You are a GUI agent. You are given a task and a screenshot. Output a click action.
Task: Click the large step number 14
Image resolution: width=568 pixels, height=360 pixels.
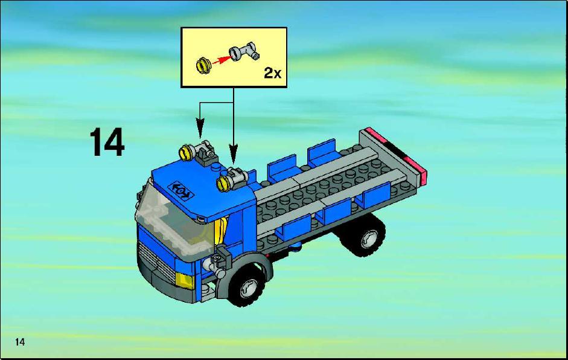(107, 142)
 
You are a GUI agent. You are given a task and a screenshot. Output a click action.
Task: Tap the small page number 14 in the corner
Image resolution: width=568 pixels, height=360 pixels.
(20, 342)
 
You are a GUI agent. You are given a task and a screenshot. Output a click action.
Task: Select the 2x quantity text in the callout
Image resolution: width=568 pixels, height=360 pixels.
(272, 73)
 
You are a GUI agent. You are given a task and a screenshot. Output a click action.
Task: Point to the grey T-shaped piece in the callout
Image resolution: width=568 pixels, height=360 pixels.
(244, 53)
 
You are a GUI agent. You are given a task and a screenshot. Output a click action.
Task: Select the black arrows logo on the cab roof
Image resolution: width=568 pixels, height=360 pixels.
(180, 190)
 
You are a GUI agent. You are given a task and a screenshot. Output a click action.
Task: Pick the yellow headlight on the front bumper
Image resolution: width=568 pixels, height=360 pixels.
(185, 280)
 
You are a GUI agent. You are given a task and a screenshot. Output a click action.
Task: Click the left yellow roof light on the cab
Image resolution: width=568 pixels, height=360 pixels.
(187, 153)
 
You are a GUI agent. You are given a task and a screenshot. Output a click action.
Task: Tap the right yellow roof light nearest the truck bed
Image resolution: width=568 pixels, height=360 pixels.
(225, 183)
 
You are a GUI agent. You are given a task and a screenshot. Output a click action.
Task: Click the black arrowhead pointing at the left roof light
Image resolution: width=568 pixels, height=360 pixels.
(200, 127)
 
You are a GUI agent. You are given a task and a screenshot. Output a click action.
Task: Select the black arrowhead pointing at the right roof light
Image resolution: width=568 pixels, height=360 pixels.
(234, 153)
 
